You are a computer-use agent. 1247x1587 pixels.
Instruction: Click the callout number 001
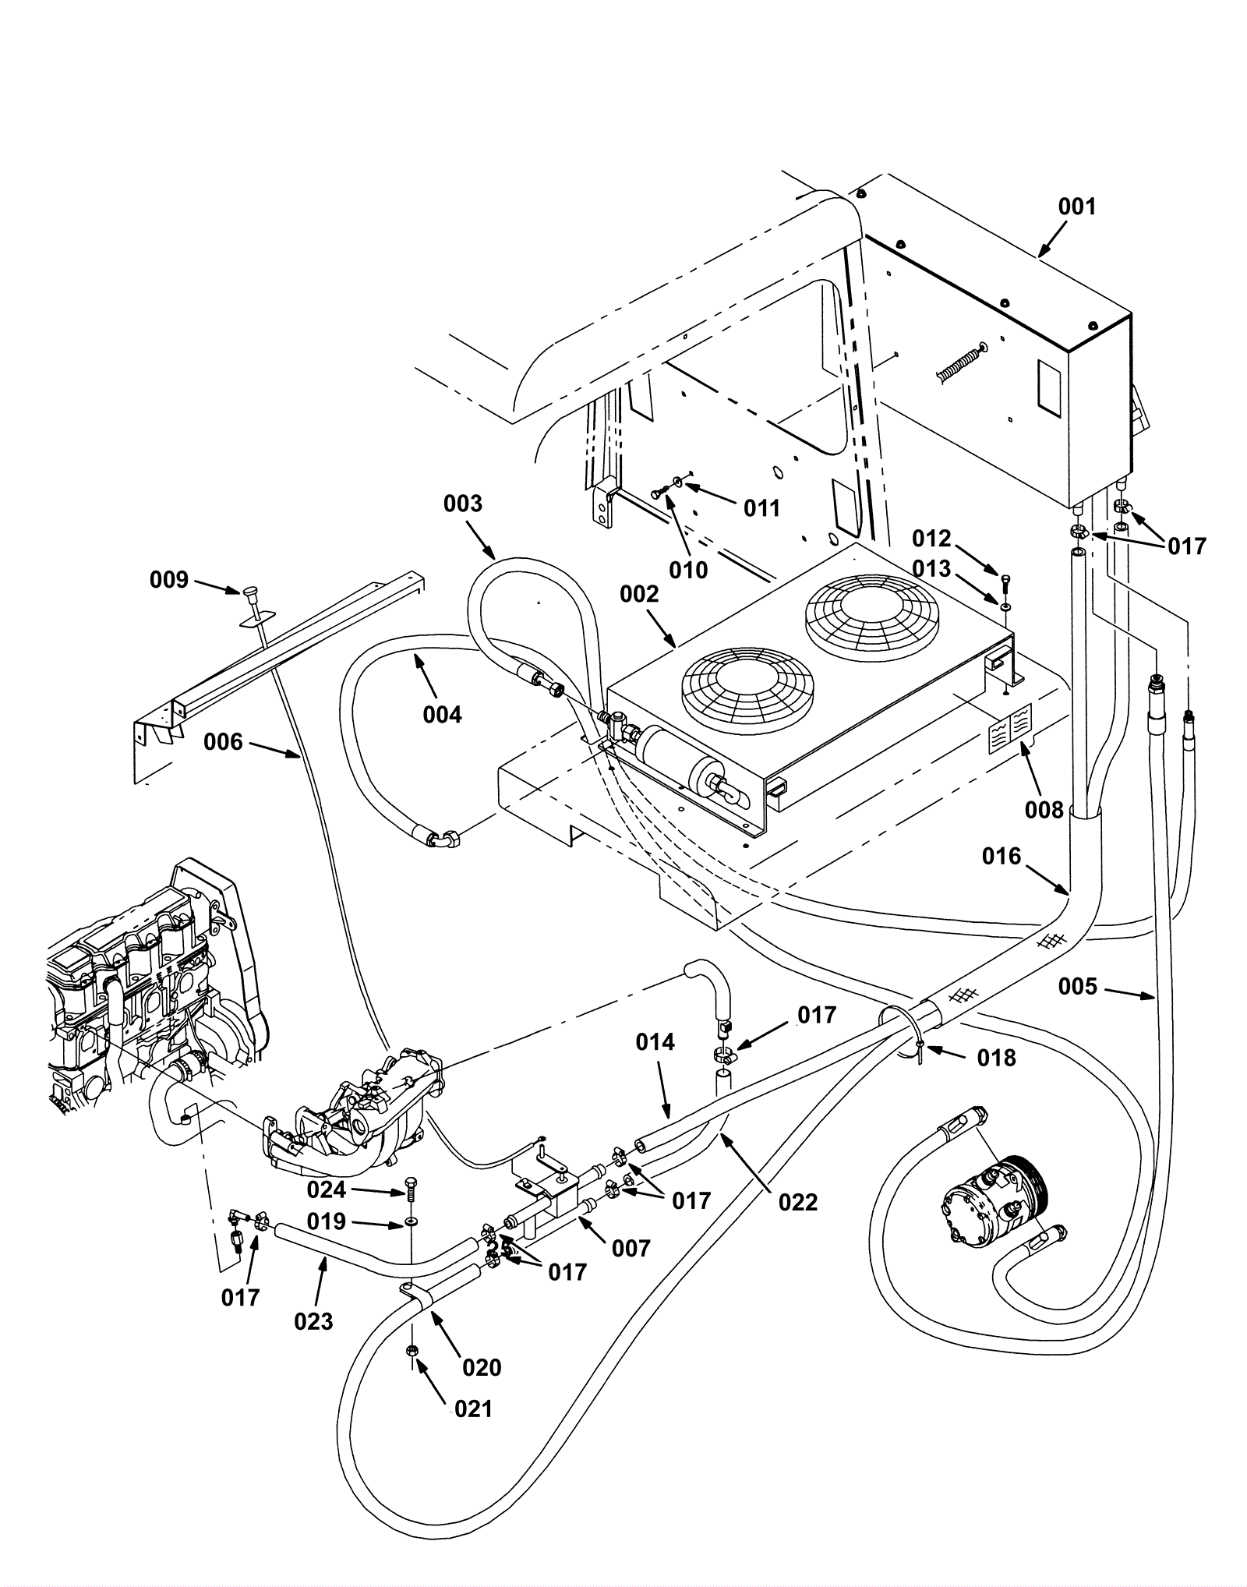pyautogui.click(x=1076, y=207)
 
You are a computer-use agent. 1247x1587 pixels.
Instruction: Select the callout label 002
pyautogui.click(x=639, y=595)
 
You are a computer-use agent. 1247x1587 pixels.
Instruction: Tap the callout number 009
pyautogui.click(x=169, y=580)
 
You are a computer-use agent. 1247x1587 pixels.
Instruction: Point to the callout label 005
pyautogui.click(x=1077, y=987)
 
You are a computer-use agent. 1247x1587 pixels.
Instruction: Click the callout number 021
pyautogui.click(x=473, y=1409)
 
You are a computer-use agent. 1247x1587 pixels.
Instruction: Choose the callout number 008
pyautogui.click(x=1044, y=810)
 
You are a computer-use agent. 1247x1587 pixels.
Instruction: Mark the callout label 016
pyautogui.click(x=1001, y=857)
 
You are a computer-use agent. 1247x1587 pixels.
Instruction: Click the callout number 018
pyautogui.click(x=996, y=1058)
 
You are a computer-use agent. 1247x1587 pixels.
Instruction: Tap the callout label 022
pyautogui.click(x=798, y=1202)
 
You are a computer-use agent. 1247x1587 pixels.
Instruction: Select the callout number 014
pyautogui.click(x=655, y=1042)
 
